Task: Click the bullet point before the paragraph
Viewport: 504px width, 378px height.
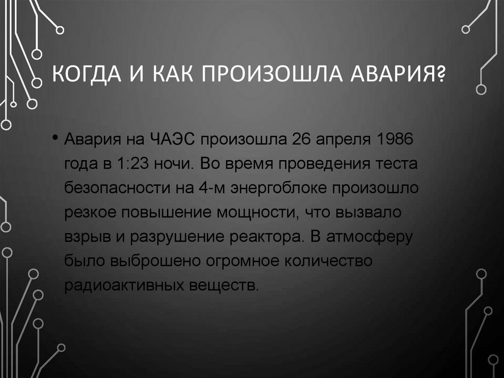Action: (56, 137)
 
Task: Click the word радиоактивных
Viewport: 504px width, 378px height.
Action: (114, 286)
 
